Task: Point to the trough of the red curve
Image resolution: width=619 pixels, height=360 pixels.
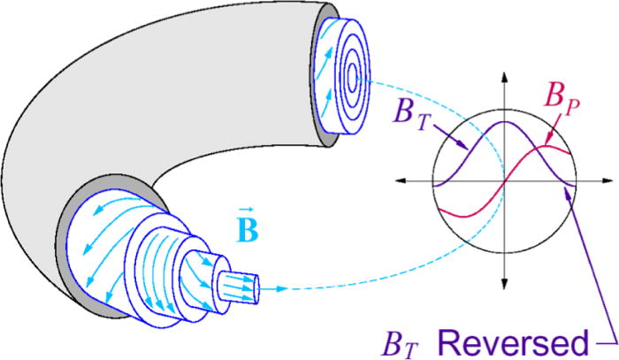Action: point(461,214)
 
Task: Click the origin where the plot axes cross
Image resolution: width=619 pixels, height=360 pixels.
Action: point(505,180)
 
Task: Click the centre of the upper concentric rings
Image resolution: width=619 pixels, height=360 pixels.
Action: point(351,78)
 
